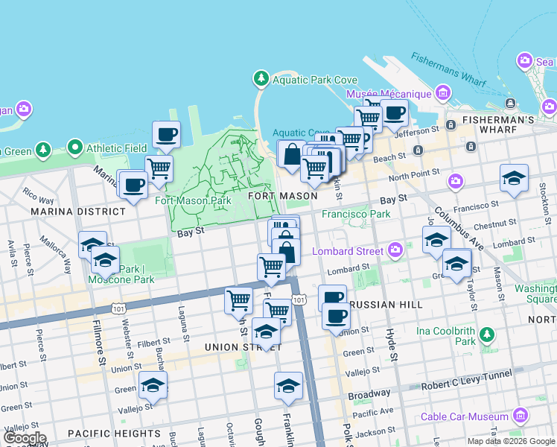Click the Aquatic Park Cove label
click(315, 80)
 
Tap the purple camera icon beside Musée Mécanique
click(444, 93)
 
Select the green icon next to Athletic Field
click(75, 148)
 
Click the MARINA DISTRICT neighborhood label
click(78, 212)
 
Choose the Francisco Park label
click(356, 214)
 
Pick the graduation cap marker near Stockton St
click(514, 179)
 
